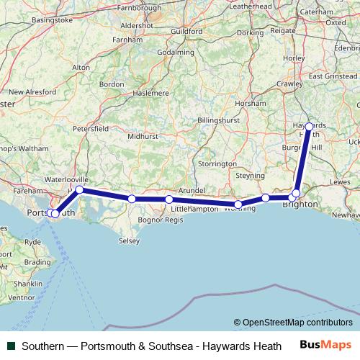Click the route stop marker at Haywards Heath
tap(309, 127)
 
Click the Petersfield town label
tap(91, 128)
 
